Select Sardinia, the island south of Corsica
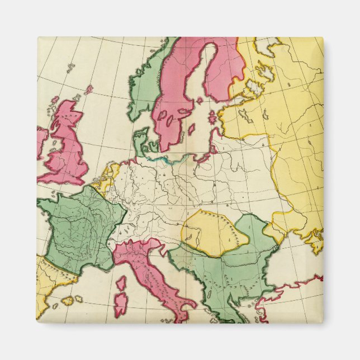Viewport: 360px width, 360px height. click(x=121, y=305)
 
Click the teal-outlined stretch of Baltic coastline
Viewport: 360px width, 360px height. click(x=162, y=159)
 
